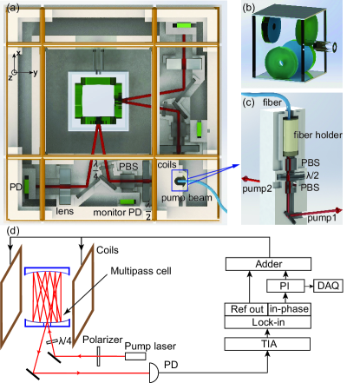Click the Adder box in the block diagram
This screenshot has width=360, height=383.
pos(268,264)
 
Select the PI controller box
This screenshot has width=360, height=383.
pos(285,286)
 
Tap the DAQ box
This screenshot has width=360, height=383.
pos(328,286)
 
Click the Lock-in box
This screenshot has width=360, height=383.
pos(268,322)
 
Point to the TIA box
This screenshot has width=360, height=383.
pos(268,344)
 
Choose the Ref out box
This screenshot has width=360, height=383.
pos(246,309)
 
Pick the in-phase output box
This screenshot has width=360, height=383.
pos(290,309)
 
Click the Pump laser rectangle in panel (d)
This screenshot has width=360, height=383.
pos(135,356)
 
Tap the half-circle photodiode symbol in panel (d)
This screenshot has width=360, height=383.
pos(154,373)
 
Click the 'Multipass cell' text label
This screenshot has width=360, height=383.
pos(141,271)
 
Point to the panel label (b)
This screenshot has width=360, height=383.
pos(249,8)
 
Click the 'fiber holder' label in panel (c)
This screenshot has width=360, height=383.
pos(317,135)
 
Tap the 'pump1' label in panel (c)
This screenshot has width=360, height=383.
pos(322,217)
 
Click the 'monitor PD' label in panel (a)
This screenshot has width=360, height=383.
pos(117,213)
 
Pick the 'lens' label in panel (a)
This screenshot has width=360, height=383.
pos(64,211)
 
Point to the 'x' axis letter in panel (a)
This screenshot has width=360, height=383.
pos(18,53)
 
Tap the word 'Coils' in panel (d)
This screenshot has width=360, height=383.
pos(108,250)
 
